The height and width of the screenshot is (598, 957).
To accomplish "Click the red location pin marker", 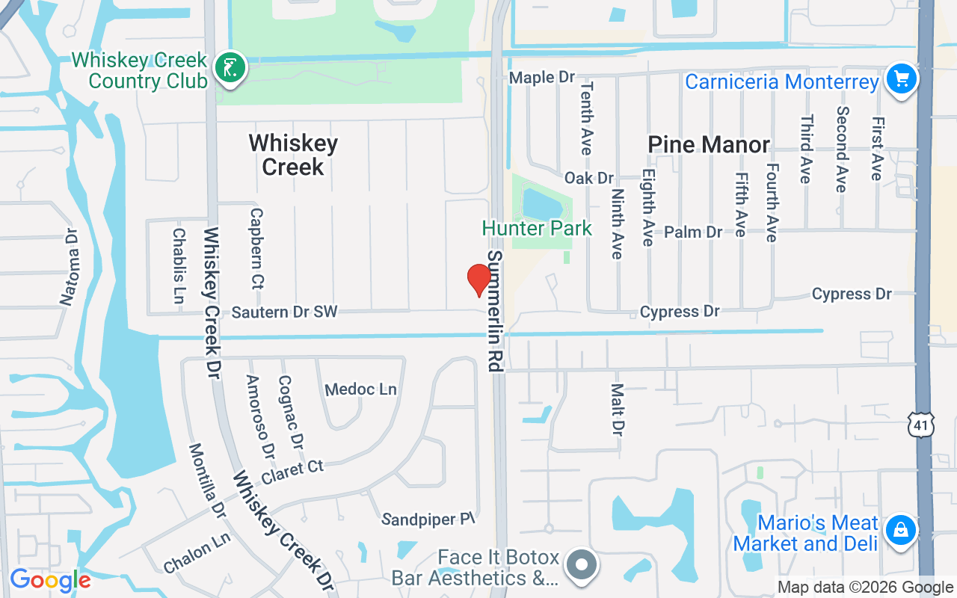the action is point(478,280).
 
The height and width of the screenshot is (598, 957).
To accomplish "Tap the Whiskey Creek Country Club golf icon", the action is point(230,69).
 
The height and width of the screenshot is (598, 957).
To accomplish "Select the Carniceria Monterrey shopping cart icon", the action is point(901,78).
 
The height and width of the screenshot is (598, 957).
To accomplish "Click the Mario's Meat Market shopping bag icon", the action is point(901,531).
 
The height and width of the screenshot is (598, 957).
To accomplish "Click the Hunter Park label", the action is point(537,228).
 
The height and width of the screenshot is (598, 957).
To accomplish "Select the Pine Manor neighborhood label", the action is point(709,144).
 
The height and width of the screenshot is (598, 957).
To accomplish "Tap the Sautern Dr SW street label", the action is point(284,312).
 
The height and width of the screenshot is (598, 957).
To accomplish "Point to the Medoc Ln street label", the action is point(361,389).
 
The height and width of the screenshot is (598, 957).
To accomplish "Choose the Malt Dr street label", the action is point(618,410).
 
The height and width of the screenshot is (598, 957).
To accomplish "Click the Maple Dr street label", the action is point(542,77).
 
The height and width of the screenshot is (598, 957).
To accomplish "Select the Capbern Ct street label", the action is point(256,248).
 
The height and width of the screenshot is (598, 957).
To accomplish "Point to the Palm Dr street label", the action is point(693,232).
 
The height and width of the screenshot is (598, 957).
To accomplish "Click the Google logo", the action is point(50,580).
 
